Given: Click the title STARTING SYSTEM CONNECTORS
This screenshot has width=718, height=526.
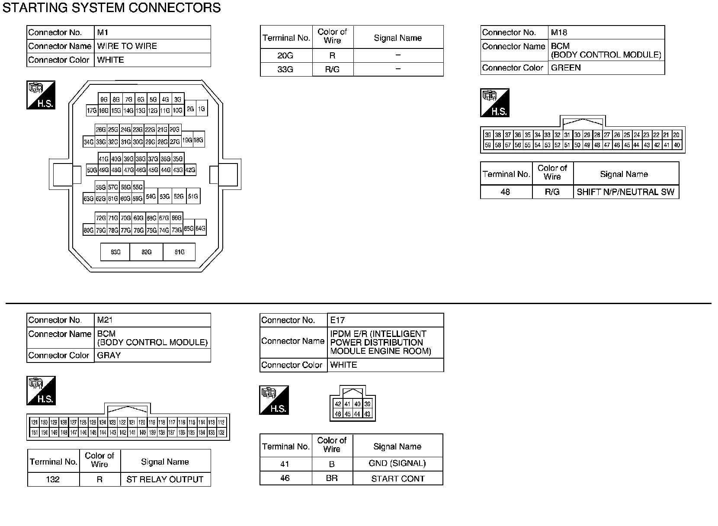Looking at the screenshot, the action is [112, 8].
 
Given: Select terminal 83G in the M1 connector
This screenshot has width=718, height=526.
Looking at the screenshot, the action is [115, 252].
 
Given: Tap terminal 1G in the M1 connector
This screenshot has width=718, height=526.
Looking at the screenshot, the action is [202, 109].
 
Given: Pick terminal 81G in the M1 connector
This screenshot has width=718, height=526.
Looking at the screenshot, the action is [179, 252].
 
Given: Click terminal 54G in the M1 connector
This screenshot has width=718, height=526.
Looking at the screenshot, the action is [151, 196].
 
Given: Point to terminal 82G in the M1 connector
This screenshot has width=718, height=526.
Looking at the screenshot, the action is [147, 252].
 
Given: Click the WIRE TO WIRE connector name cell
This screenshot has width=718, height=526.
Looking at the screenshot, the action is [127, 46].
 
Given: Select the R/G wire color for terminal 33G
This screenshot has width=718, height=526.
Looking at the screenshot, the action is [332, 69].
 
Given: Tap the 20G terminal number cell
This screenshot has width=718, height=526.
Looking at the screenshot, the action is [285, 55].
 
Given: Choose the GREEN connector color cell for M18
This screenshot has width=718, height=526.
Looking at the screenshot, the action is [566, 68].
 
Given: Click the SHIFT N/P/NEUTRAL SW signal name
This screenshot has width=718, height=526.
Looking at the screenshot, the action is [625, 192].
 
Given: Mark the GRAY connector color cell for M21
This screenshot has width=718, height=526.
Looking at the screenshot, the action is [109, 355].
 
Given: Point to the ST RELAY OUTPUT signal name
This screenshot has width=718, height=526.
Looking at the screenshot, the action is [165, 479].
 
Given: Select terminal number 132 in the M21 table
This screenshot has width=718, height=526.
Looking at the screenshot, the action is [53, 479].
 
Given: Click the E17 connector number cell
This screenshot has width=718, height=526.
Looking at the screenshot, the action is [337, 320].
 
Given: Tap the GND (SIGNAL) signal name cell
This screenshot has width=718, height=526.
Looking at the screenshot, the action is [397, 464].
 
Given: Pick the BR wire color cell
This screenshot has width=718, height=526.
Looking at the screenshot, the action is [332, 478].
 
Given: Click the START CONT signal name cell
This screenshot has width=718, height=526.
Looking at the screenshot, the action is [397, 478].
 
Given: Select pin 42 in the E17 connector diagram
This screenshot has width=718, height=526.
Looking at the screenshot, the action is [338, 404].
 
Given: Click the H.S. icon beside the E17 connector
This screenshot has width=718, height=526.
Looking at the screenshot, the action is [274, 400].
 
